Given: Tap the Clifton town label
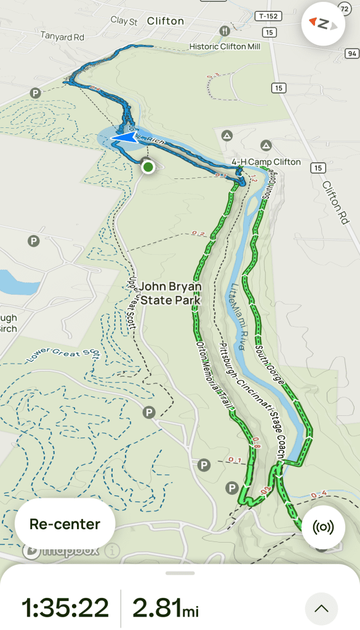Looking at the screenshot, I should (x=166, y=21).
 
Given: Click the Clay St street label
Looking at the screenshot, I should (x=124, y=20).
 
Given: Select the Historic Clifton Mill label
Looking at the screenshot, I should (x=225, y=47).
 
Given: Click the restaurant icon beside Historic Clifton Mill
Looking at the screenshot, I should (x=225, y=30).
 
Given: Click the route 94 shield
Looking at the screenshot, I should (x=351, y=54).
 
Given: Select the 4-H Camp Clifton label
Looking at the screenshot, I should (x=266, y=162).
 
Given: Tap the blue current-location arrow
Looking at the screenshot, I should (x=126, y=138).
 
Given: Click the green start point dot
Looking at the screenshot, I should (x=148, y=167).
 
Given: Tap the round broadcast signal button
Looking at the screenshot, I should (x=323, y=528).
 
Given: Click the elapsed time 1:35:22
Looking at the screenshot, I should (x=65, y=608).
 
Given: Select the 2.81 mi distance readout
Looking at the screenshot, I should (x=166, y=608).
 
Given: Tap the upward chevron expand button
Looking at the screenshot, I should (x=321, y=608).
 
